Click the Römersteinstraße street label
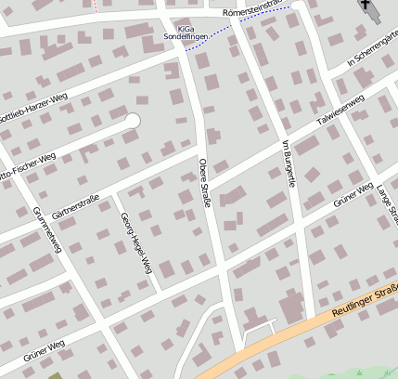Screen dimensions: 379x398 click(252, 9)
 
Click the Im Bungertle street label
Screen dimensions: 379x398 click(287, 164)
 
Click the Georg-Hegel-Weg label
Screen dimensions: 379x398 click(135, 243)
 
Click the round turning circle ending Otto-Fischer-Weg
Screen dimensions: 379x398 click(132, 120)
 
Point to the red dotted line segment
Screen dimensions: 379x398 click(95, 5)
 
